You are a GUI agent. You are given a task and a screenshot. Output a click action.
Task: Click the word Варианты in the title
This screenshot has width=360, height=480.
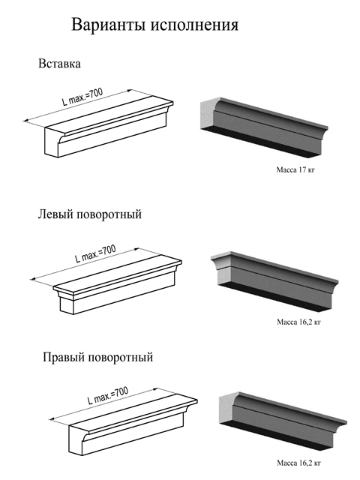(x=108, y=25)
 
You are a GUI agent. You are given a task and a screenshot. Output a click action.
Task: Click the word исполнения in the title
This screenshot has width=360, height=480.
(x=194, y=25)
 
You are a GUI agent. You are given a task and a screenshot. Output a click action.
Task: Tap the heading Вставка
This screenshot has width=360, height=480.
(x=59, y=64)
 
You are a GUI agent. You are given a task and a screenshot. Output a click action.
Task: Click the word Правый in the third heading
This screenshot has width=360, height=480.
(x=63, y=357)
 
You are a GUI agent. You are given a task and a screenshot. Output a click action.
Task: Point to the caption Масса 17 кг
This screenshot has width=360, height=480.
(x=295, y=170)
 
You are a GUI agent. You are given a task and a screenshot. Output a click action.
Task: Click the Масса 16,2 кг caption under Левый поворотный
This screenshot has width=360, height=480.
(x=298, y=322)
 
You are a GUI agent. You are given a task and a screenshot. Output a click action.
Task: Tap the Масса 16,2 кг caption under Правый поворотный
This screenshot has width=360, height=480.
(x=298, y=463)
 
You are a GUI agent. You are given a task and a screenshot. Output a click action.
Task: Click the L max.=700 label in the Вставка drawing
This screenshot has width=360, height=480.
(x=82, y=97)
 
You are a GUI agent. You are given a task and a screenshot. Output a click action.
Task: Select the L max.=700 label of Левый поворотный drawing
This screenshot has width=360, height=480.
(x=95, y=253)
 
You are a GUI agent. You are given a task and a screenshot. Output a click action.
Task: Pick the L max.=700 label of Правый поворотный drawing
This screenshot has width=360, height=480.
(x=108, y=396)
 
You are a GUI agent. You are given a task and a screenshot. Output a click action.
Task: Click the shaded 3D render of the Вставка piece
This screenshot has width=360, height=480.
(x=264, y=128)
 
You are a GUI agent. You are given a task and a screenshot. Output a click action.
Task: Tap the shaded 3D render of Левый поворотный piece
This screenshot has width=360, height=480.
(x=274, y=282)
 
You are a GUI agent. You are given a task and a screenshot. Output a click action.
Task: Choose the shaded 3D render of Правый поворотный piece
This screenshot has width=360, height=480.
(x=283, y=422)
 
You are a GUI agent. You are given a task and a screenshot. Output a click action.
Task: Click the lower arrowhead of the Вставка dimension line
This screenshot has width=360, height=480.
(x=25, y=121)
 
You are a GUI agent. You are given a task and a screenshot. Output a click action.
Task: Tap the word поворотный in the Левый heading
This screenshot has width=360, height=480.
(x=109, y=214)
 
